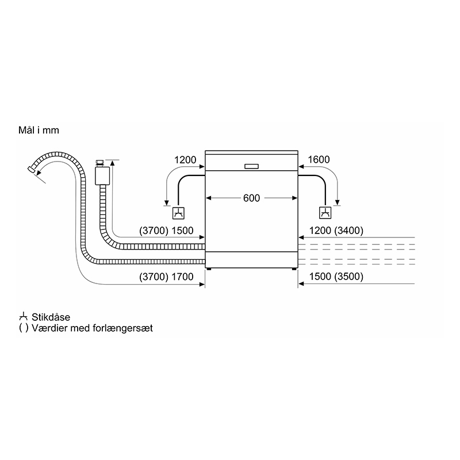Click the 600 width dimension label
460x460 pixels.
coord(251,198)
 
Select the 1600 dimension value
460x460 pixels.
coord(319,160)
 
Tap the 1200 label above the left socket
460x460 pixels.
coord(185,160)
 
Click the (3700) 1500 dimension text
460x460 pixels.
coord(166,231)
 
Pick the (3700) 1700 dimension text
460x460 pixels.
coord(166,277)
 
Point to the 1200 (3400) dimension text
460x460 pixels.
coord(336,231)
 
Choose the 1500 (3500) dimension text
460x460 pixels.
coord(336,277)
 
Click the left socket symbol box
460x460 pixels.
coord(178,213)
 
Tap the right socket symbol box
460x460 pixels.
coord(325,213)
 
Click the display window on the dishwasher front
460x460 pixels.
coord(251,166)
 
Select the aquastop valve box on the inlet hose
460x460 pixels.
coord(102,176)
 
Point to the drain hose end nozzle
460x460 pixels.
coord(31,169)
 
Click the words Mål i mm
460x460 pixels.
coord(39,130)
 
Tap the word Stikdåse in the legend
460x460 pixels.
coord(51,317)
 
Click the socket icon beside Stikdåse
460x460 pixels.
coord(23,317)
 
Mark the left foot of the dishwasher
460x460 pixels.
coord(208,269)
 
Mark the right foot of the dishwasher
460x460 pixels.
coord(294,269)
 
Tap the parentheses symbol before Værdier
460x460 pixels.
coord(24,328)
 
